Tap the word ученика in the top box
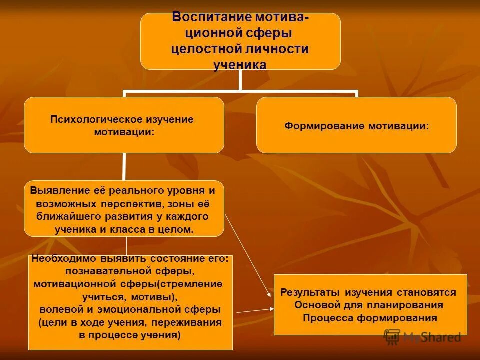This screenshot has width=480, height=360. pos(240,65)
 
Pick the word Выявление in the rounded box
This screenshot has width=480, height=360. pos(60,191)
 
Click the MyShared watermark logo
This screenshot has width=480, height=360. pos(422,336)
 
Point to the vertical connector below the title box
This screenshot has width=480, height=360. pos(240,80)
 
